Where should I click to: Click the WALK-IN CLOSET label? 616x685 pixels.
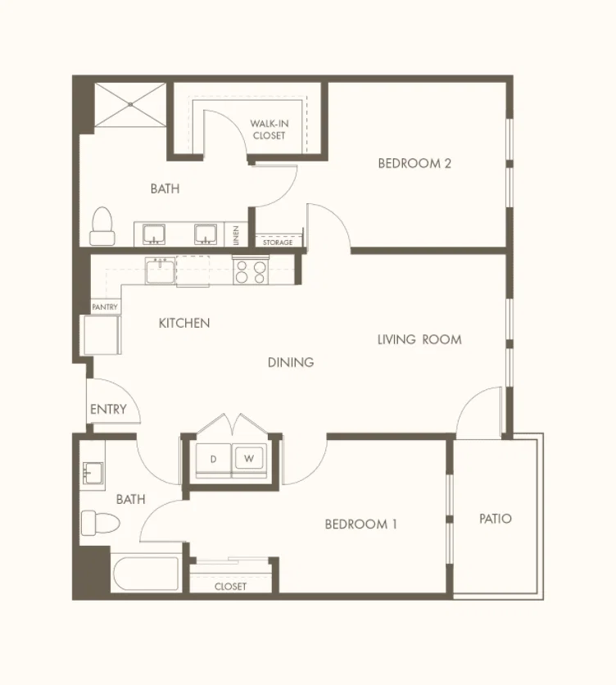pyautogui.click(x=269, y=129)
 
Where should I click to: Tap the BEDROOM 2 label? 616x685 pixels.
pyautogui.click(x=414, y=163)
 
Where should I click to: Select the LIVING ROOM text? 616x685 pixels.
pyautogui.click(x=419, y=339)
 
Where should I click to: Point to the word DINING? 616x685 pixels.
pyautogui.click(x=291, y=362)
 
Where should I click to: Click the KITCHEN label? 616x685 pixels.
pyautogui.click(x=184, y=324)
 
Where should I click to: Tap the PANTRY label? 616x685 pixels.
pyautogui.click(x=105, y=307)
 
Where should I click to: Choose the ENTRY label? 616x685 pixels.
pyautogui.click(x=108, y=410)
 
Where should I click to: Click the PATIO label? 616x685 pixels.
pyautogui.click(x=496, y=519)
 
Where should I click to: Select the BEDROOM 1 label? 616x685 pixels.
pyautogui.click(x=361, y=524)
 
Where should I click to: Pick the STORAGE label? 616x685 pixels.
pyautogui.click(x=278, y=243)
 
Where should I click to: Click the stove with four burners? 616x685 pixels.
pyautogui.click(x=251, y=271)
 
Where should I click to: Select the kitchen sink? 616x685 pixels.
pyautogui.click(x=161, y=271)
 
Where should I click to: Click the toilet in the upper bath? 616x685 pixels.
pyautogui.click(x=102, y=226)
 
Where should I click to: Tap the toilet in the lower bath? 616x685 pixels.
pyautogui.click(x=101, y=523)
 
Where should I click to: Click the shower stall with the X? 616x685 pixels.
pyautogui.click(x=130, y=105)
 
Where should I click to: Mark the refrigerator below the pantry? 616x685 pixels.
pyautogui.click(x=102, y=335)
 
